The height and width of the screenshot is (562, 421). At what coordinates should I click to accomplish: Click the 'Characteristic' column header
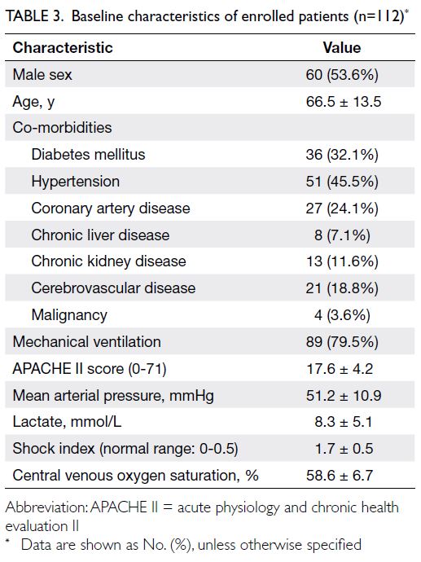tap(63, 48)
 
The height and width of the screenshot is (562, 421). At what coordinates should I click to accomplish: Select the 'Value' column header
tap(342, 48)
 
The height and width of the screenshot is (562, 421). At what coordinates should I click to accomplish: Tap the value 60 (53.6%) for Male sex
tap(342, 75)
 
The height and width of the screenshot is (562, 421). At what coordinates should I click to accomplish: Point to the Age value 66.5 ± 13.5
tap(344, 102)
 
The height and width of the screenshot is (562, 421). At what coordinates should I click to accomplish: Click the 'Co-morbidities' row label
tap(62, 128)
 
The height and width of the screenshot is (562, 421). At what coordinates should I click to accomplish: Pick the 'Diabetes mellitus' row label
tap(88, 155)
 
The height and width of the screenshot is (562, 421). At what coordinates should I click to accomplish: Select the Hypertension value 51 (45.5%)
tap(342, 182)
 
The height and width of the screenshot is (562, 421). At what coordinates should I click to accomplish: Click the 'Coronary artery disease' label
tap(111, 209)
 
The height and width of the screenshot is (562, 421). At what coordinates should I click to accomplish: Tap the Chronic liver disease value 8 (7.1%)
tap(342, 235)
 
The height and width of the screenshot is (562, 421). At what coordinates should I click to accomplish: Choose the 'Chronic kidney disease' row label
tap(108, 261)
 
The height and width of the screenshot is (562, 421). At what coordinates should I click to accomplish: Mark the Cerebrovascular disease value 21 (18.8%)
tap(342, 288)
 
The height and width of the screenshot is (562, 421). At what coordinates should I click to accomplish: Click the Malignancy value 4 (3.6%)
tap(342, 315)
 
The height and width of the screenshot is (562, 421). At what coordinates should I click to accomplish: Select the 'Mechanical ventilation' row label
tap(86, 341)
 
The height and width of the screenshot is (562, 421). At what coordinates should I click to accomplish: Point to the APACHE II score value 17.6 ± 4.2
tap(340, 369)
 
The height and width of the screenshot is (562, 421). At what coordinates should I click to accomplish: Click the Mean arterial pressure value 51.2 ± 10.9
tap(344, 396)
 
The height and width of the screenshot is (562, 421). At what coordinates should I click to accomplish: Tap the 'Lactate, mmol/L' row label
tap(67, 422)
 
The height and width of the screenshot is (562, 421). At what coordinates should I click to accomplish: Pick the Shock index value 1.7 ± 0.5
tap(344, 449)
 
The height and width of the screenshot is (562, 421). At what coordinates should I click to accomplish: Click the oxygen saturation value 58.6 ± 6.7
tap(340, 476)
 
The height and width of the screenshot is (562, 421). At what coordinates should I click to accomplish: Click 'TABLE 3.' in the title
tap(35, 16)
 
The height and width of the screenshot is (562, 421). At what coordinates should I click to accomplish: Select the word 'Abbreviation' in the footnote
tap(46, 507)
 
